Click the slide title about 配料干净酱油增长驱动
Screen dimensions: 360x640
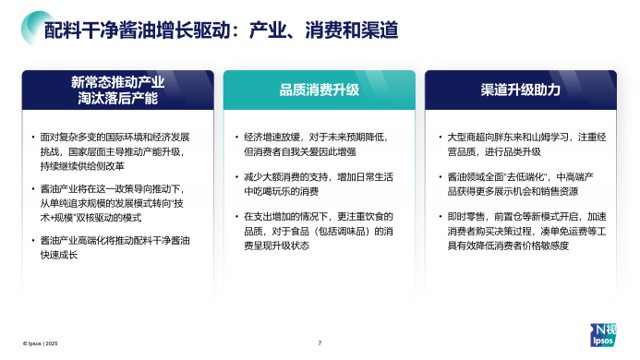pyautogui.click(x=222, y=30)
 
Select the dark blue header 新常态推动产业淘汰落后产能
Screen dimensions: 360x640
pyautogui.click(x=117, y=89)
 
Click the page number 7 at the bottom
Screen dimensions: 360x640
pyautogui.click(x=320, y=343)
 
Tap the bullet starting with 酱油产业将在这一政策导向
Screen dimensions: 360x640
pyautogui.click(x=117, y=201)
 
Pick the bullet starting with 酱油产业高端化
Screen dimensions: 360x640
pyautogui.click(x=117, y=246)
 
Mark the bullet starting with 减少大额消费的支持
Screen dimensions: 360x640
pyautogui.click(x=320, y=183)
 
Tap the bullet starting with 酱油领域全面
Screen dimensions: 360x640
pyautogui.click(x=520, y=183)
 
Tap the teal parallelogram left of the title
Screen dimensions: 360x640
pyautogui.click(x=28, y=30)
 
